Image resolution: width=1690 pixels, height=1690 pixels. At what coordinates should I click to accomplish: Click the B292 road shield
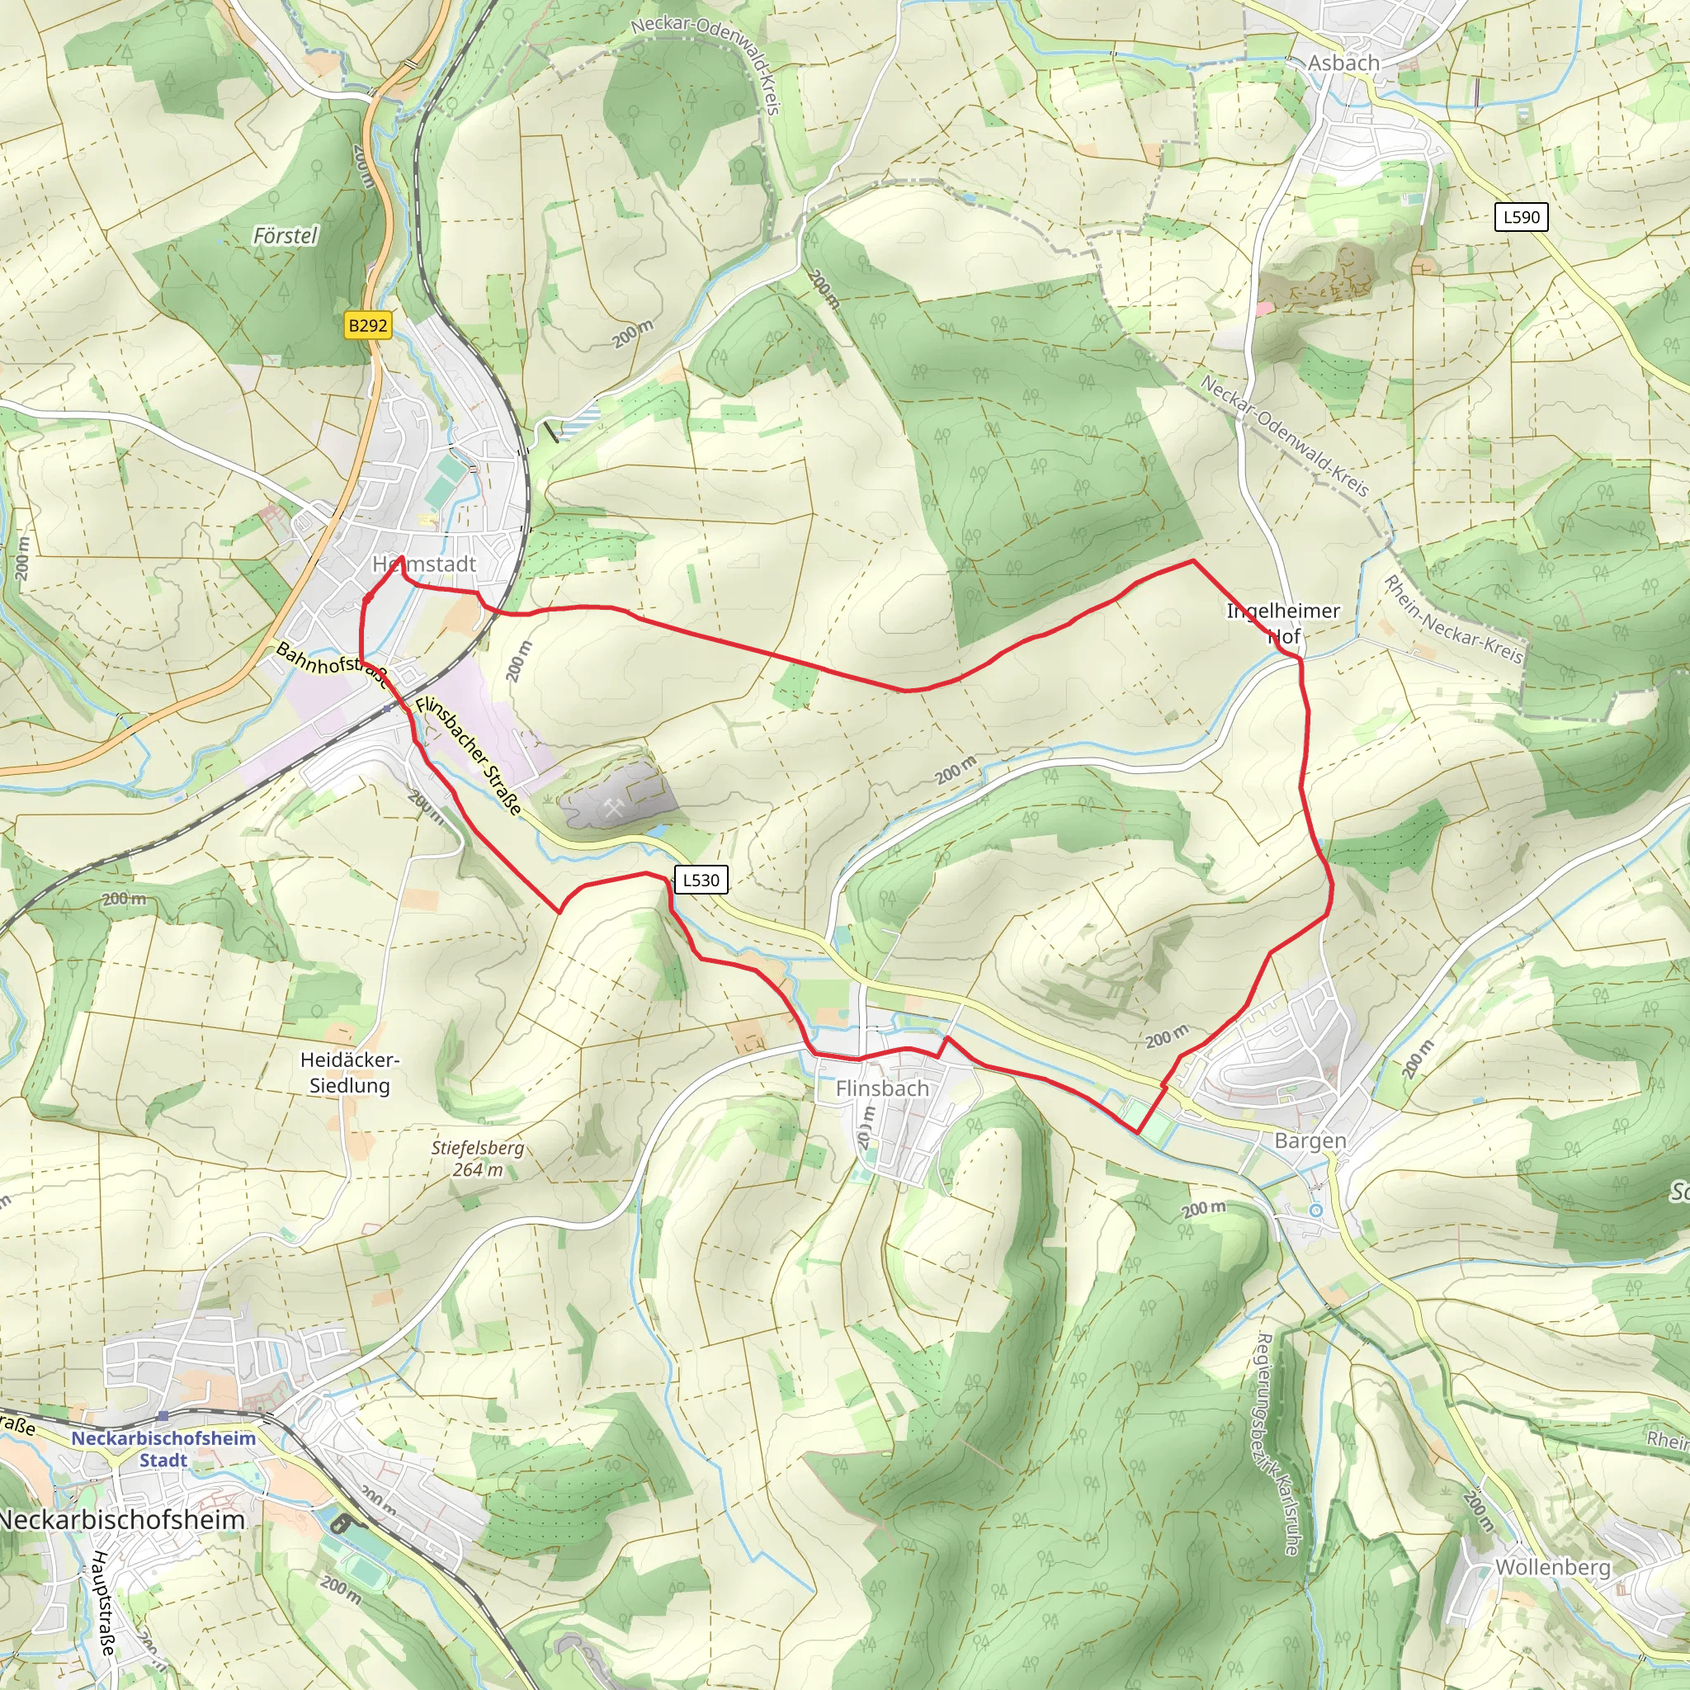(x=367, y=325)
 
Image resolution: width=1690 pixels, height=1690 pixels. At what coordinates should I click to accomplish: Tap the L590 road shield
(x=1521, y=217)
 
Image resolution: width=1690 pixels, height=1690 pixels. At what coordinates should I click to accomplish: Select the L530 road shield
(x=701, y=880)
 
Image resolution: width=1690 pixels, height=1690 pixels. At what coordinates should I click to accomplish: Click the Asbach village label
(x=1343, y=63)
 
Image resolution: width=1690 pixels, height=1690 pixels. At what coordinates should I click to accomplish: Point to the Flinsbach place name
(x=882, y=1088)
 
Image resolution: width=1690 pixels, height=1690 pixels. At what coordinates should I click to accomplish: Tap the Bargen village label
(x=1310, y=1140)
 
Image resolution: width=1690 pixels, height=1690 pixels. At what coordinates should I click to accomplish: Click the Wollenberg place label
(x=1553, y=1567)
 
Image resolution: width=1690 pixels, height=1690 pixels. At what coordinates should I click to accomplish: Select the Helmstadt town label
(x=424, y=564)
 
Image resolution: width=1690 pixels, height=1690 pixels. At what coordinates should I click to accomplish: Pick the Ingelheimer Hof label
(x=1283, y=623)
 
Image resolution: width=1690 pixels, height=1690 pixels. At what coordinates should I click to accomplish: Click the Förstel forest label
(x=286, y=235)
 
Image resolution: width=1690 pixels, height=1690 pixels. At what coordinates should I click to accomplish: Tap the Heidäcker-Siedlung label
(x=349, y=1073)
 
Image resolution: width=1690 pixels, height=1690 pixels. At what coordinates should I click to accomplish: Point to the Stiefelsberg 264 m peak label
(x=478, y=1158)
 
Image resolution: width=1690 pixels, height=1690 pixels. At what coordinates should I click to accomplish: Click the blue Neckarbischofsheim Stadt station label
(x=163, y=1448)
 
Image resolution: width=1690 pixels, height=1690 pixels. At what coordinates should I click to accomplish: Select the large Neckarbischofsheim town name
(x=122, y=1519)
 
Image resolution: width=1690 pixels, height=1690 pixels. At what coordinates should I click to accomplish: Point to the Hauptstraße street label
(x=103, y=1603)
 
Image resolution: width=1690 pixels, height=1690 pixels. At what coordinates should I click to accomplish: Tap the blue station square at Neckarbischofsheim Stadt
(x=163, y=1415)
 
